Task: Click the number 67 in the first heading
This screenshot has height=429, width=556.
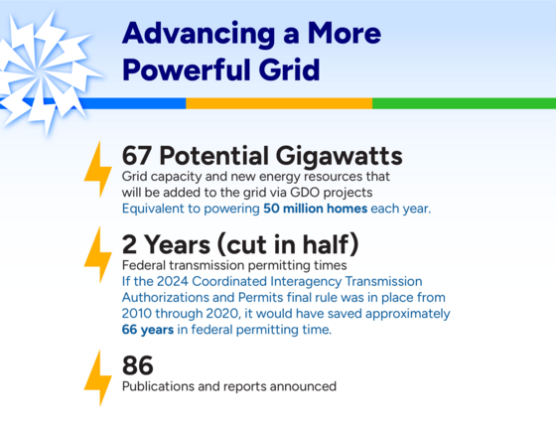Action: [x=139, y=156]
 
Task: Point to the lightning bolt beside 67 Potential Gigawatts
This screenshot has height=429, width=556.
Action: [x=97, y=169]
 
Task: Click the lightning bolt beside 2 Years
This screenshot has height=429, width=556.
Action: [x=97, y=254]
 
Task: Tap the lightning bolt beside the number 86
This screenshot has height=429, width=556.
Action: [x=97, y=376]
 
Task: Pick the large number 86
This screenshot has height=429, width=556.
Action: [x=138, y=365]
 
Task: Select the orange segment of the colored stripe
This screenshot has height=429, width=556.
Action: [x=278, y=103]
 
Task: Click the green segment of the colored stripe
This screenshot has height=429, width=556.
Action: [x=463, y=103]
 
